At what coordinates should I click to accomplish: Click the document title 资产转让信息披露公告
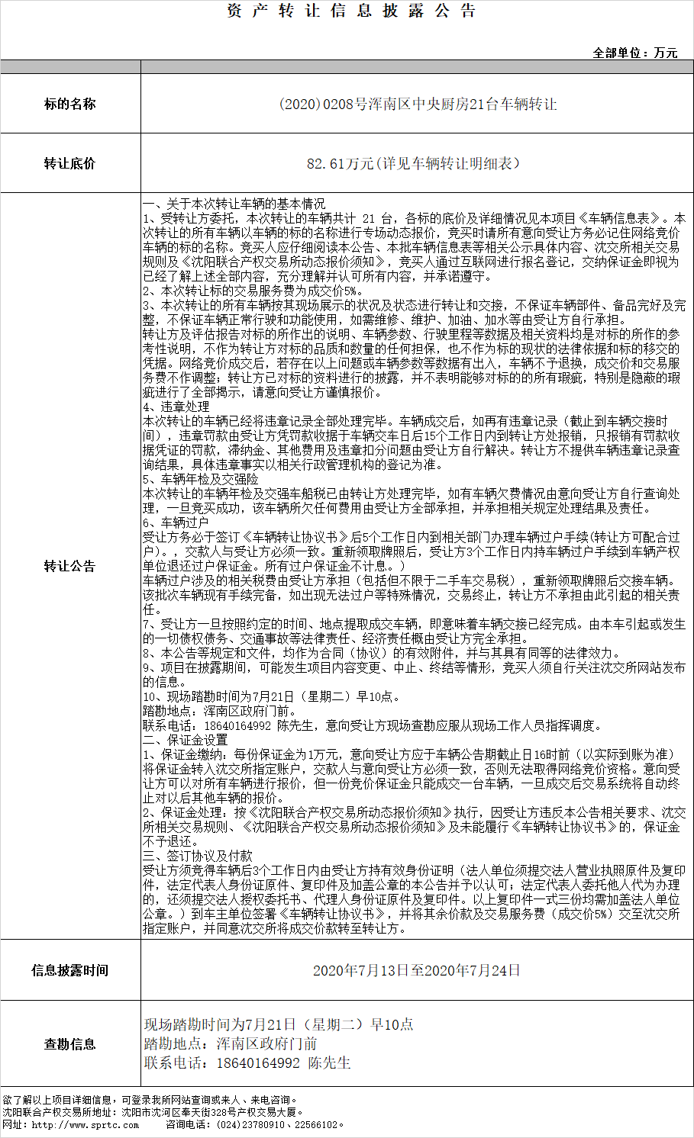(351, 11)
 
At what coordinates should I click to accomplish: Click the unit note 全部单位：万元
(634, 53)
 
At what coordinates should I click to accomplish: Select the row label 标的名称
(70, 104)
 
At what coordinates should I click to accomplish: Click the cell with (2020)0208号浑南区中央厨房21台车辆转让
(417, 104)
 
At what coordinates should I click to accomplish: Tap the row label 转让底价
(70, 163)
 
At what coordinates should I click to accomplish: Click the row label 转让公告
(70, 566)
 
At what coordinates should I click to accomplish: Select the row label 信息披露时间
(70, 970)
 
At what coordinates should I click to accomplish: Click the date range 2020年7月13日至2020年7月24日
(417, 970)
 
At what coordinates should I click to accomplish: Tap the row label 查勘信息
(70, 1044)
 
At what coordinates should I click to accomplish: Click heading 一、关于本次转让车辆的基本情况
(234, 204)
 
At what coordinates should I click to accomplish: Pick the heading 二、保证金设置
(185, 740)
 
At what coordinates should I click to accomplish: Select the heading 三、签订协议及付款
(197, 856)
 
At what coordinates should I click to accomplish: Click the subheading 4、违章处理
(176, 407)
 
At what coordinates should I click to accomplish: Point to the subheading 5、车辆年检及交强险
(200, 479)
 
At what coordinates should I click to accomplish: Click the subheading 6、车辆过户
(176, 522)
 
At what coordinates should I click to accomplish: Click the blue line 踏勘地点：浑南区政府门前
(230, 1043)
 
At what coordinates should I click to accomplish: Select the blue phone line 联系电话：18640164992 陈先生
(247, 1062)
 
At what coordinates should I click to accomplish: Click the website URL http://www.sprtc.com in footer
(86, 1124)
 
